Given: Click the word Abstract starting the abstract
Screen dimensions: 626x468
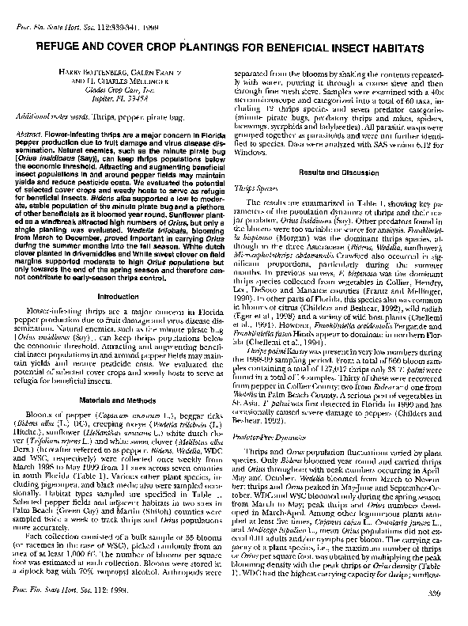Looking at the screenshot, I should click(31, 136).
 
